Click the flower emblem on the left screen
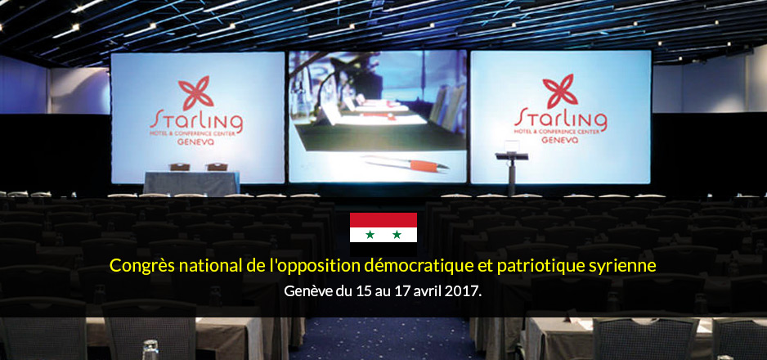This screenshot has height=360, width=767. [x=195, y=93]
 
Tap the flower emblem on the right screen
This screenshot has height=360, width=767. [x=560, y=92]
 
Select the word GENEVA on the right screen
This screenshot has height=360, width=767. [x=560, y=140]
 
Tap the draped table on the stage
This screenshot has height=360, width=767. [x=191, y=183]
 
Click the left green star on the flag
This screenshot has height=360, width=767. [x=370, y=234]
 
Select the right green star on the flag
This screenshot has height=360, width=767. [x=397, y=234]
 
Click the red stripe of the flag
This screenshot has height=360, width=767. [x=383, y=220]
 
